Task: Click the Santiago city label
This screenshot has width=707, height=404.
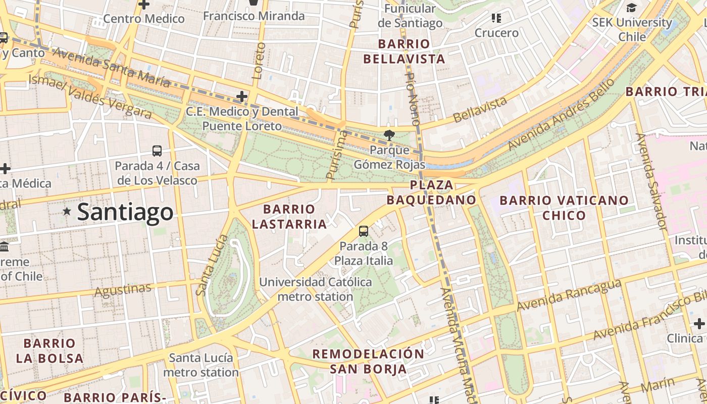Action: [125, 212]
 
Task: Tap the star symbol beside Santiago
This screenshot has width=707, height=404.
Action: [67, 212]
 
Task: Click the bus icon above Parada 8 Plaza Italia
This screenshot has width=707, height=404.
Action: [363, 231]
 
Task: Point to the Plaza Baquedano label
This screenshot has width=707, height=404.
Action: [432, 192]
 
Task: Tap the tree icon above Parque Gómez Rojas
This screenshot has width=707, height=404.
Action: [389, 135]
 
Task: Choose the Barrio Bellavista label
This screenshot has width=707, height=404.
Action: [404, 52]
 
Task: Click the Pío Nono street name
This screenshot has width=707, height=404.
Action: [413, 98]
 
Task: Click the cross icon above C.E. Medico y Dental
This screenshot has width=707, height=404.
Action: [242, 96]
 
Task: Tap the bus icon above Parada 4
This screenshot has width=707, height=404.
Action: [157, 150]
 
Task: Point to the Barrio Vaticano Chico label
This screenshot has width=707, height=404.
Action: [564, 208]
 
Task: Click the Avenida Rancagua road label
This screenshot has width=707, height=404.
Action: [568, 295]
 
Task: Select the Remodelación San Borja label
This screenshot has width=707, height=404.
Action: [368, 361]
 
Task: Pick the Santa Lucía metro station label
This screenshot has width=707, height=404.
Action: [201, 365]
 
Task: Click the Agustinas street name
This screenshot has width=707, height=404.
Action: [123, 290]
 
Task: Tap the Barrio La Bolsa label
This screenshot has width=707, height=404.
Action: [49, 351]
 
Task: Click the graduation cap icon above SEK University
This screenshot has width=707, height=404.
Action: [631, 8]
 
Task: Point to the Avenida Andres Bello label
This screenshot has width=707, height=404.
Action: [562, 114]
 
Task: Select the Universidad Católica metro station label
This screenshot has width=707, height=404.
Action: [316, 289]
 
